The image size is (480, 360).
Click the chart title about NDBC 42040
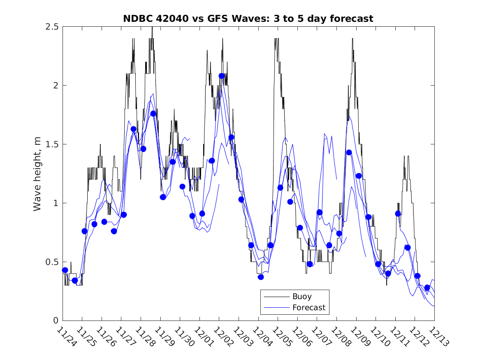tap(248, 19)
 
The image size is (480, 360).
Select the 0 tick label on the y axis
tap(56, 321)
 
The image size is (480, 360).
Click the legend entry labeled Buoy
tap(301, 296)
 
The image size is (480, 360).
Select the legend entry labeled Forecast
tap(308, 307)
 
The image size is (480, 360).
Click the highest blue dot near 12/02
tap(222, 76)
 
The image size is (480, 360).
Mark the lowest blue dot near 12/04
tap(261, 277)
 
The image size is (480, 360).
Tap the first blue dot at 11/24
tap(65, 270)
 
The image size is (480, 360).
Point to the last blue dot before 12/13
tap(427, 288)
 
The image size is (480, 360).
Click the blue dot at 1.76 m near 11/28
tap(153, 114)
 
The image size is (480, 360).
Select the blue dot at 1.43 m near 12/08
tap(349, 152)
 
